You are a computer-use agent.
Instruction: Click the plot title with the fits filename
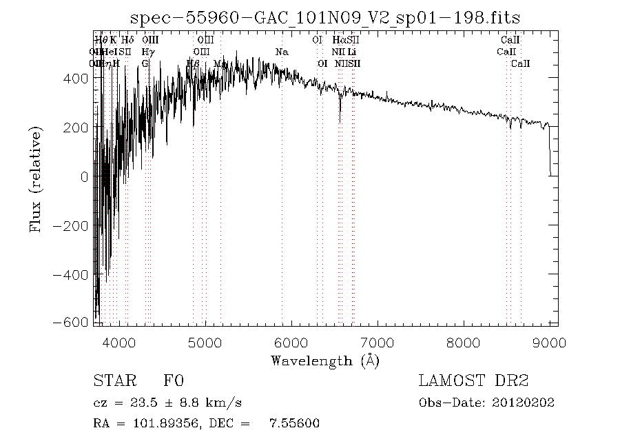point(325,17)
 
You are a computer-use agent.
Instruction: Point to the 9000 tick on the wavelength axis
point(549,341)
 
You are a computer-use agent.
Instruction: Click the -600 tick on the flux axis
point(74,323)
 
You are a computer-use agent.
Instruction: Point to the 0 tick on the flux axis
point(84,176)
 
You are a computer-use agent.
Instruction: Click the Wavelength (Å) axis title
point(325,360)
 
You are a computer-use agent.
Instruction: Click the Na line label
point(282,52)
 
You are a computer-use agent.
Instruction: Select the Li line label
point(351,52)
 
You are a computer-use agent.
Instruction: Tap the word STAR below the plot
point(110,381)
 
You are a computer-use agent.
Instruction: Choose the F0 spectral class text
point(174,381)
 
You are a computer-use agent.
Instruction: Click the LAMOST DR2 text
point(473,381)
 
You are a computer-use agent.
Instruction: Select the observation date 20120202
point(527,403)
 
